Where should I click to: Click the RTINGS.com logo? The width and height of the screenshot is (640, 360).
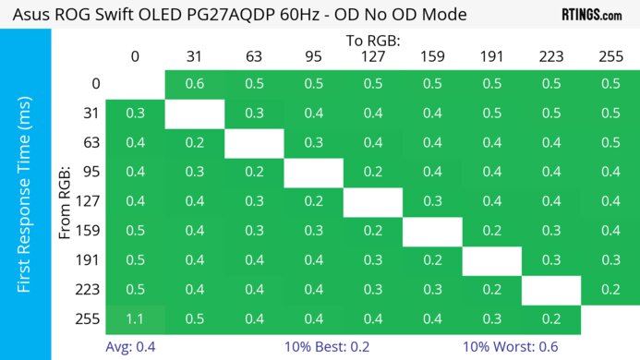pyautogui.click(x=591, y=15)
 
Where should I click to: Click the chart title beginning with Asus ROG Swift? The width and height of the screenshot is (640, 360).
pyautogui.click(x=233, y=15)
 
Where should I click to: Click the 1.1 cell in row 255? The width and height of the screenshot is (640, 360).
pyautogui.click(x=135, y=318)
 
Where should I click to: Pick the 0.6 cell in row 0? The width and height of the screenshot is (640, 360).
pyautogui.click(x=194, y=84)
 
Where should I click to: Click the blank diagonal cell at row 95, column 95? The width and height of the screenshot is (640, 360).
pyautogui.click(x=313, y=172)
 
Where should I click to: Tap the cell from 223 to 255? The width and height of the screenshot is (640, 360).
pyautogui.click(x=610, y=289)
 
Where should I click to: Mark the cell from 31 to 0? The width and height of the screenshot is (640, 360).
pyautogui.click(x=135, y=113)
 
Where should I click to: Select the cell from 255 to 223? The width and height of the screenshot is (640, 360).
pyautogui.click(x=551, y=318)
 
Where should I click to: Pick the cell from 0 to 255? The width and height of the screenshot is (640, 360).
pyautogui.click(x=610, y=84)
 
